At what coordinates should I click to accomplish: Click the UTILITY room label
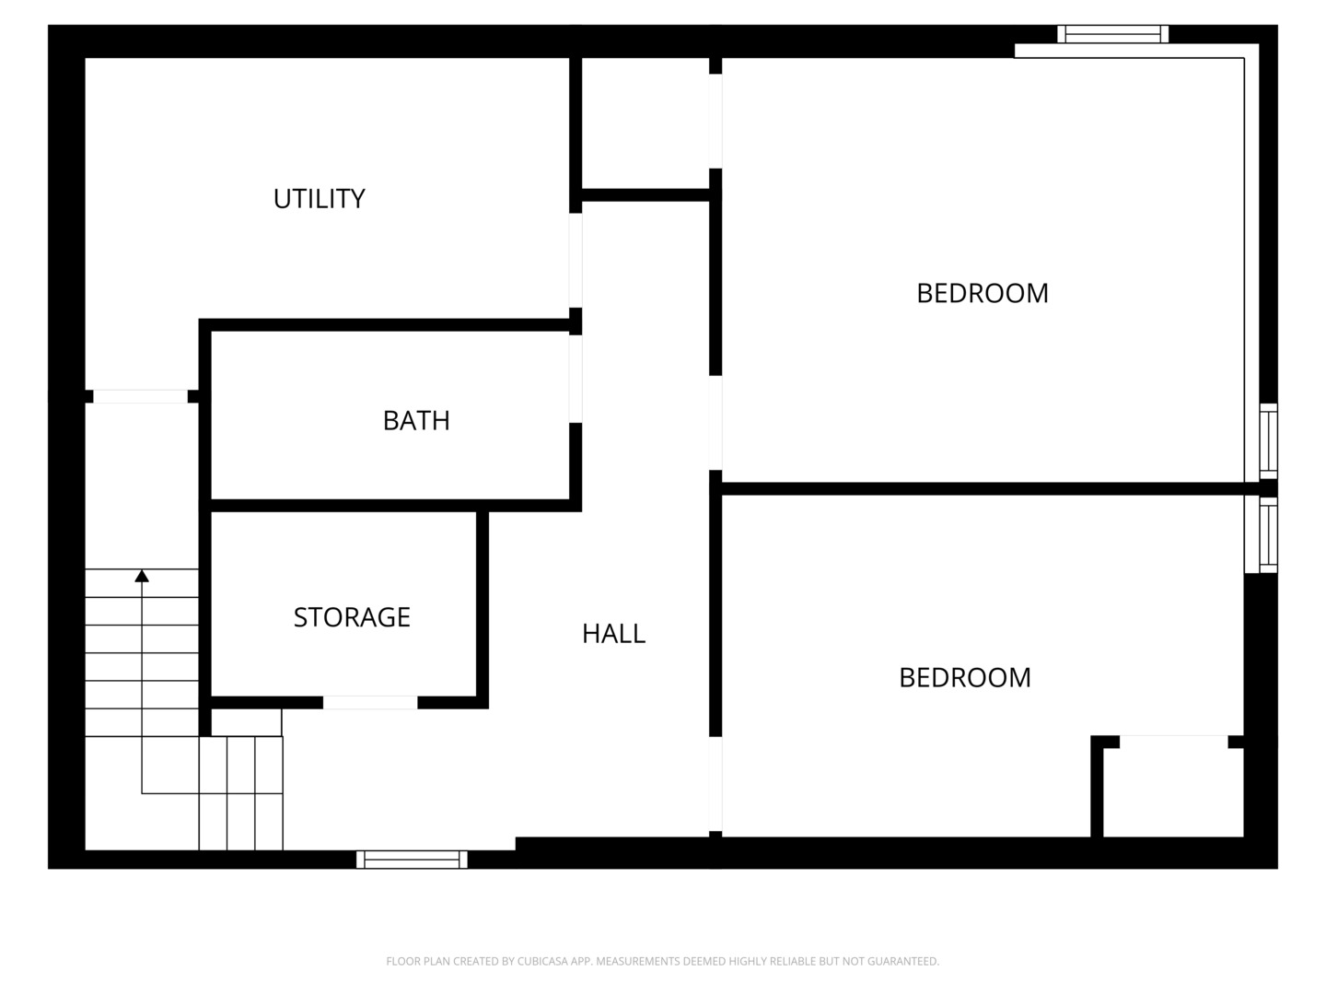(x=319, y=199)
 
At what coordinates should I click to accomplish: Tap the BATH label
(x=416, y=420)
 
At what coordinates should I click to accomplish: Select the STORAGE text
(x=352, y=617)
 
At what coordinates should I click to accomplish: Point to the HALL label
(x=614, y=634)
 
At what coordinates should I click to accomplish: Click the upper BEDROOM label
(x=983, y=294)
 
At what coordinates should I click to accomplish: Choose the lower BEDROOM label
(x=965, y=678)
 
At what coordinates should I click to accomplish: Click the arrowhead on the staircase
(x=142, y=576)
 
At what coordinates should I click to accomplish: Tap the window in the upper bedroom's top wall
(x=1112, y=34)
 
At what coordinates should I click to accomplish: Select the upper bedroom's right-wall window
(x=1269, y=441)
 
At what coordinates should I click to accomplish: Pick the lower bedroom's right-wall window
(x=1269, y=534)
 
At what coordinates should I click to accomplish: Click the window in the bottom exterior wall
(x=412, y=859)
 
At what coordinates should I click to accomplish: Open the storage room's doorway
(x=370, y=703)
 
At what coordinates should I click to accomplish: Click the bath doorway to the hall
(x=576, y=379)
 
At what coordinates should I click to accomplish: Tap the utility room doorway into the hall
(x=576, y=261)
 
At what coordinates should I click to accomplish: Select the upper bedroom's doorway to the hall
(x=715, y=423)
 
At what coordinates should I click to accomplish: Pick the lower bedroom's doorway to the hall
(x=715, y=784)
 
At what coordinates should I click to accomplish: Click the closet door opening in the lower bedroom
(x=1174, y=742)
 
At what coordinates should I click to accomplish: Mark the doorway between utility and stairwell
(x=141, y=396)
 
